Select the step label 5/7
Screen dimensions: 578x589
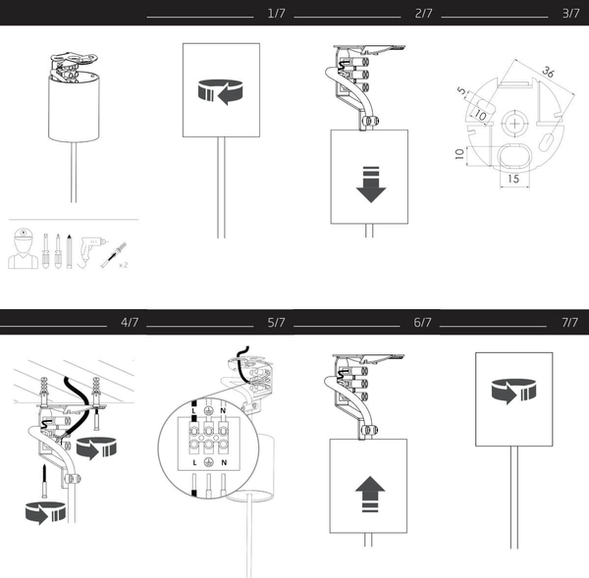point(276,322)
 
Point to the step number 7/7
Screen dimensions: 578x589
point(567,322)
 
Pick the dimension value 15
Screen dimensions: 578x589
point(512,180)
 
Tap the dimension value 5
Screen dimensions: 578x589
point(460,90)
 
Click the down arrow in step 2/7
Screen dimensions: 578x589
point(370,184)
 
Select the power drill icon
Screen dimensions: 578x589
point(91,248)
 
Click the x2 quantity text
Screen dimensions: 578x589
point(123,265)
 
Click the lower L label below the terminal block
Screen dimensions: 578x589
point(196,460)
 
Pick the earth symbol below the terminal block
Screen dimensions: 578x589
point(209,460)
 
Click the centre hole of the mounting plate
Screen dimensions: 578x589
point(513,127)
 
